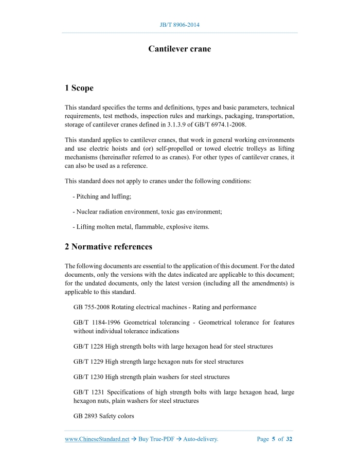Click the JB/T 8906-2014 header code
[x=179, y=25]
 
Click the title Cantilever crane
[x=179, y=49]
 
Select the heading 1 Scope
[x=79, y=88]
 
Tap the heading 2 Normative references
[x=109, y=246]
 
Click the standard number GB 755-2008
[x=92, y=307]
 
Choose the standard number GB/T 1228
[x=88, y=346]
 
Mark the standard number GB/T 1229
[x=88, y=362]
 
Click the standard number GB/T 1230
[x=88, y=377]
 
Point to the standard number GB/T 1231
[x=88, y=392]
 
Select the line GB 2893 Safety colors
[x=104, y=416]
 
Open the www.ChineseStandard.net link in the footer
[x=97, y=439]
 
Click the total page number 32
[x=289, y=439]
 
